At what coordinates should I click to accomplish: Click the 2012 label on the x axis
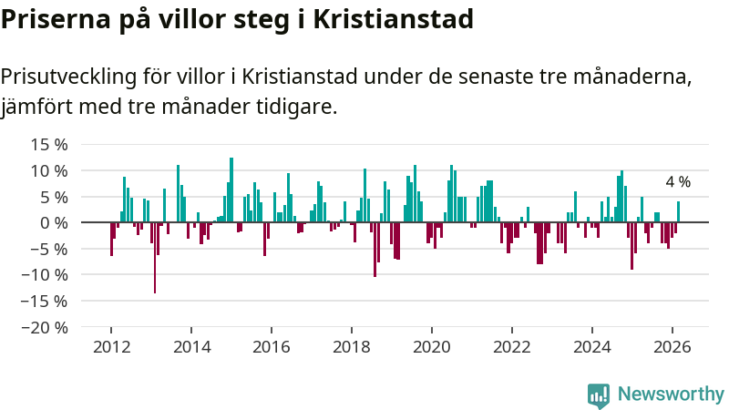point(111,347)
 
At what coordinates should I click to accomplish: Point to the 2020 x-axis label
point(432,347)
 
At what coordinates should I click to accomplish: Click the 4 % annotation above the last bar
point(678,182)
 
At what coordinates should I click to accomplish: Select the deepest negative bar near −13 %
point(155,258)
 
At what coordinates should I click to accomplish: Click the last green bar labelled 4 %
point(678,212)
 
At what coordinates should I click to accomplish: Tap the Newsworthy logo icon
point(599,395)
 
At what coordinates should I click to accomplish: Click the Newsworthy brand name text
point(671,395)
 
